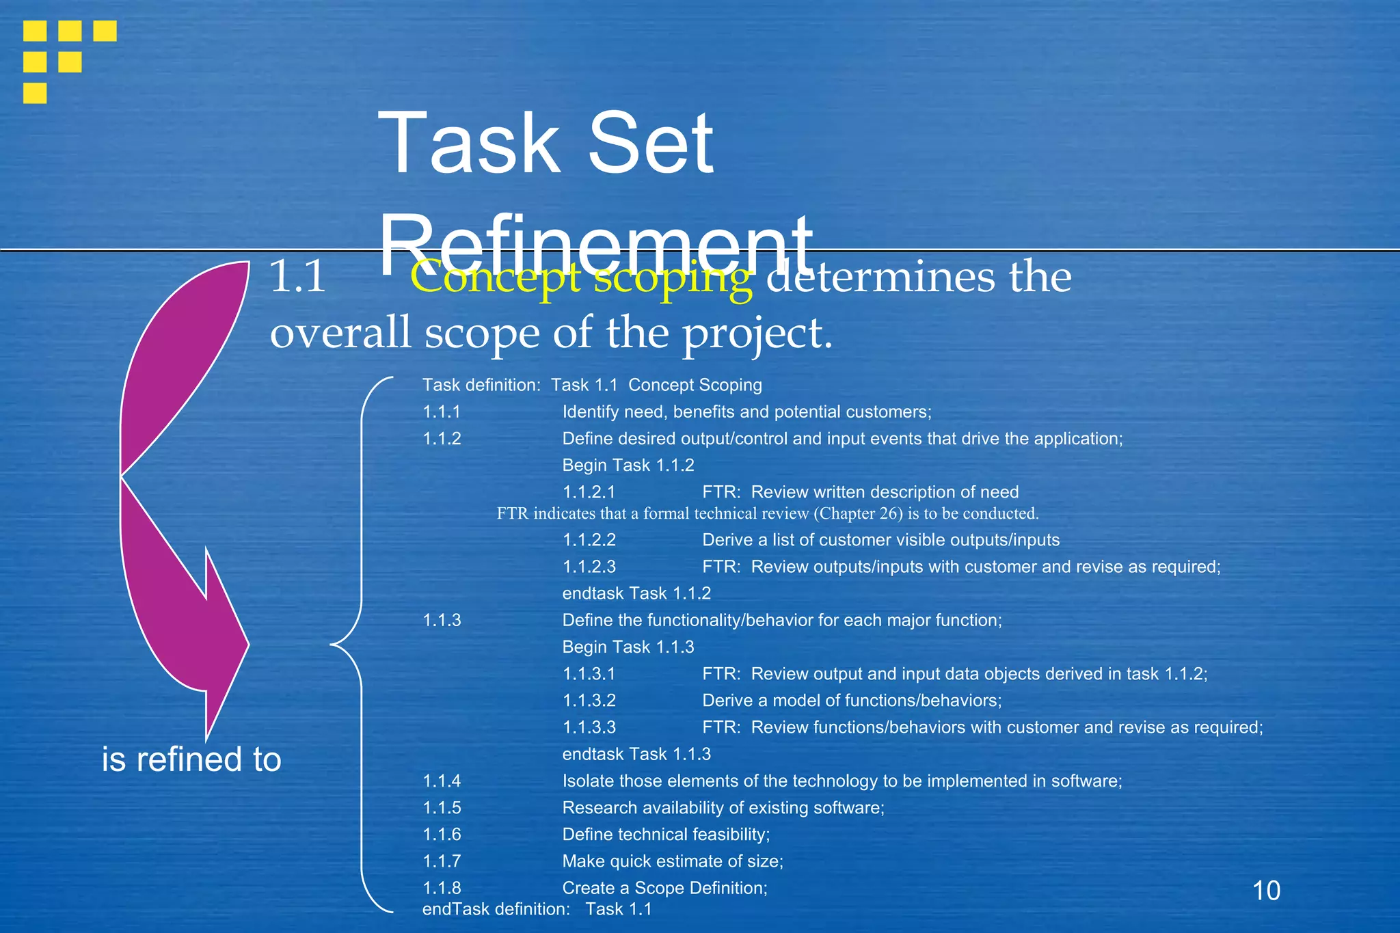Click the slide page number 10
click(1266, 891)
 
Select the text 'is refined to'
click(191, 759)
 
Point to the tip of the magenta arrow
click(207, 738)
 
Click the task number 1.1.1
click(442, 412)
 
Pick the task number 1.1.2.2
click(589, 540)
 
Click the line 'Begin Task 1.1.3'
click(628, 647)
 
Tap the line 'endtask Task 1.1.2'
click(636, 593)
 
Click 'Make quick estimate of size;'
click(672, 861)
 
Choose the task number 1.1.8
click(442, 888)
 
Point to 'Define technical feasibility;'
click(665, 835)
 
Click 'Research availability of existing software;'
click(723, 808)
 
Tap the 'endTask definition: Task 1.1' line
click(537, 909)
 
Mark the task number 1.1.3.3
click(589, 727)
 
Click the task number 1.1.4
click(442, 781)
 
